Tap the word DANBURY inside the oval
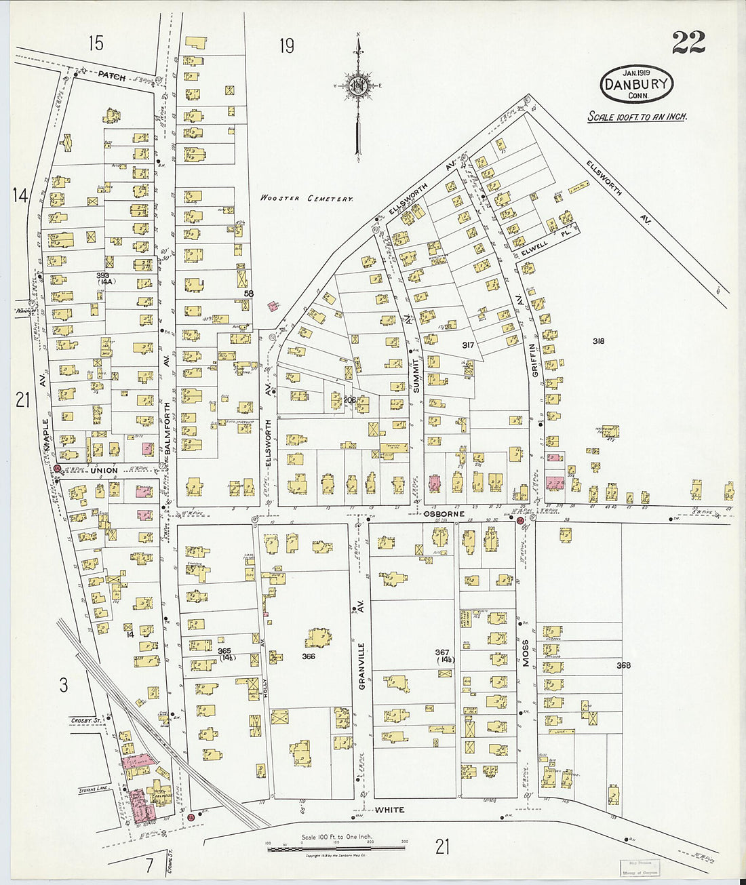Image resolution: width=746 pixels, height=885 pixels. (636, 85)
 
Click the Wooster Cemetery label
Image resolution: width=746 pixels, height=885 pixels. (307, 199)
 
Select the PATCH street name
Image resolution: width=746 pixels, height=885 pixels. (111, 76)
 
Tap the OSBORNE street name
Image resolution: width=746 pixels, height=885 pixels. (444, 514)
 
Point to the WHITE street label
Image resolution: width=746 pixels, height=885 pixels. (389, 810)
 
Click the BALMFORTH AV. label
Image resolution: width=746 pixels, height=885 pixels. (167, 414)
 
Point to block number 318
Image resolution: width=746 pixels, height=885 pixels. (597, 341)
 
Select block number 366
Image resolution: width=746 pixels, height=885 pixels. (309, 656)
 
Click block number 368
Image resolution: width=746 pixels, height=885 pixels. (623, 665)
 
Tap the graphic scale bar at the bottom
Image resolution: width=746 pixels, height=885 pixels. (336, 848)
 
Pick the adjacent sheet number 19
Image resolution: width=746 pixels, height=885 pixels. (287, 45)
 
